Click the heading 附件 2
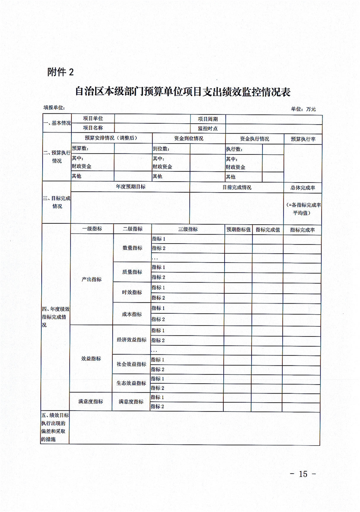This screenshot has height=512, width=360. tap(60, 72)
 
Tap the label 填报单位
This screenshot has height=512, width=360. tap(54, 107)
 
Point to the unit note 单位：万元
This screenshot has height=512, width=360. tap(303, 109)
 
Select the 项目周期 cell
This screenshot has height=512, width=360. tap(208, 119)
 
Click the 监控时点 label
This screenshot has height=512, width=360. tap(208, 128)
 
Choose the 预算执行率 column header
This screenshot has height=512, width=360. tap(303, 139)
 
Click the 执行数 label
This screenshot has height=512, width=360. tap(234, 150)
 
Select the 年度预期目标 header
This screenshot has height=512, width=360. tap(130, 187)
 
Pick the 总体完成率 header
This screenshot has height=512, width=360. tap(303, 188)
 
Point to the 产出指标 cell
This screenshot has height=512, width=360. tap(91, 279)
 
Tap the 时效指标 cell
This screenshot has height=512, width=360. tap(132, 292)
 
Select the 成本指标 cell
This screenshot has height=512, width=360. tap(132, 314)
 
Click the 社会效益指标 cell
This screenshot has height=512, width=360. tap(132, 364)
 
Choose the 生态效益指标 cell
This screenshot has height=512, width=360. tap(132, 383)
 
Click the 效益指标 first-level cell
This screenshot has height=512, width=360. tap(91, 359)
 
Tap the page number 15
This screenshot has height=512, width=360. tap(303, 474)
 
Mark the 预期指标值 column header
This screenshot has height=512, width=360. tap(238, 229)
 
